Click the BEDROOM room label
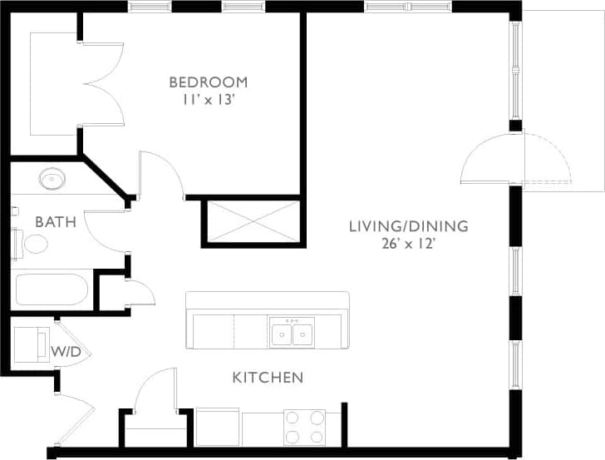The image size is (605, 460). (208, 82)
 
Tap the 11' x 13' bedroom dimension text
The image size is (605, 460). (208, 99)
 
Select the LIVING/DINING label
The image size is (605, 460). (408, 225)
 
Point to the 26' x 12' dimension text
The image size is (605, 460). (408, 244)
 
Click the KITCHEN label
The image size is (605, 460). (267, 378)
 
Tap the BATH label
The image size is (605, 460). (56, 221)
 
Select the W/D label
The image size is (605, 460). (66, 352)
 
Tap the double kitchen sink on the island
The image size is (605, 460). (292, 334)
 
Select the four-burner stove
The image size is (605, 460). (303, 428)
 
